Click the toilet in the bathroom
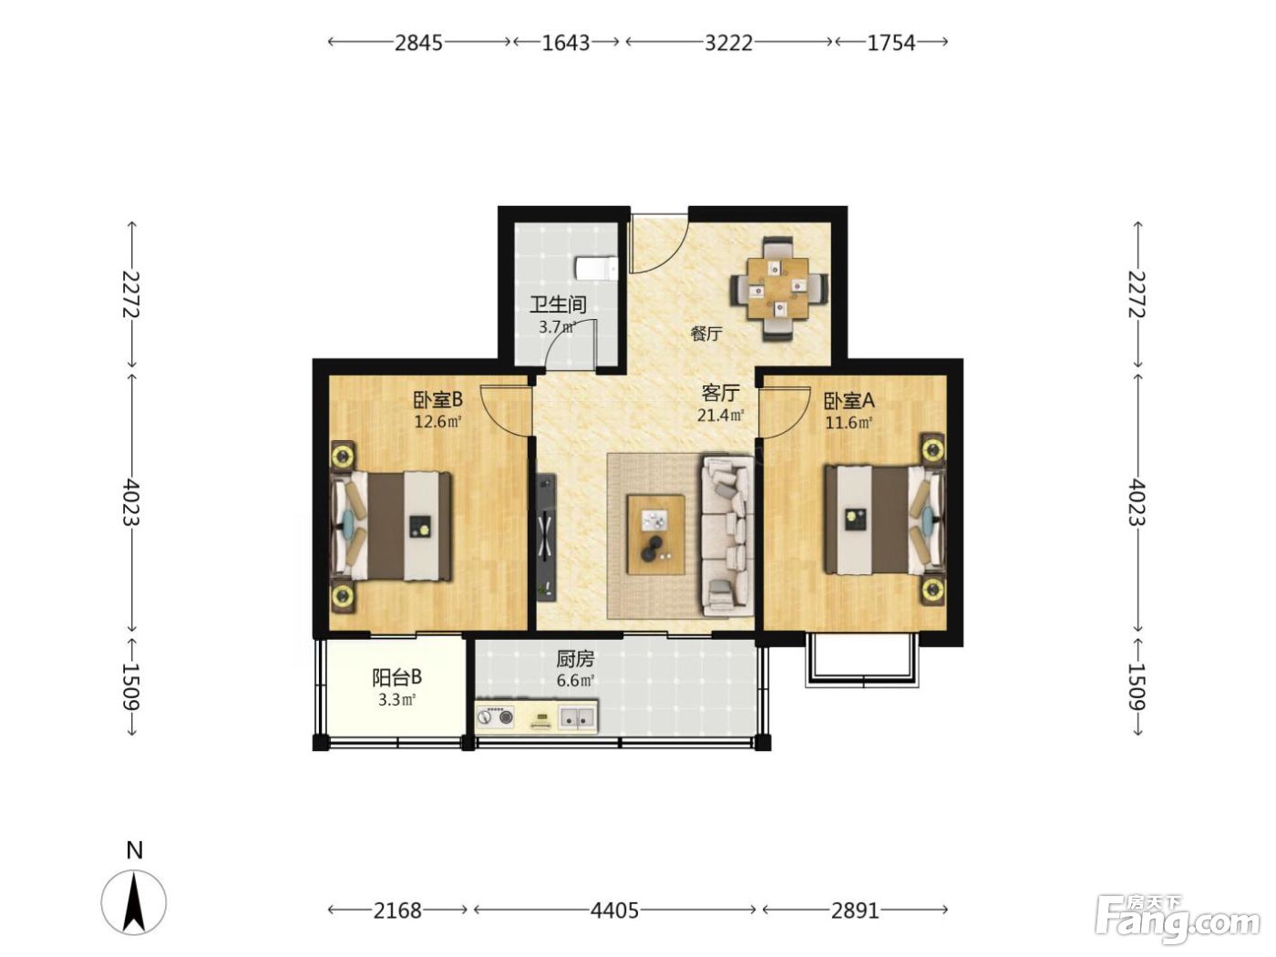pos(596,269)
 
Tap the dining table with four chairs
pos(778,288)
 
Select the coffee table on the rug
pos(655,535)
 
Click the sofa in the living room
pos(728,535)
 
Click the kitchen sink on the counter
pos(577,717)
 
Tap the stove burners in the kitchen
pos(496,717)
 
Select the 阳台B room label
pos(396,677)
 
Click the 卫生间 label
pos(558,304)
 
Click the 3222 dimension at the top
pos(728,43)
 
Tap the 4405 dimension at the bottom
pos(614,910)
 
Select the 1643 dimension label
pos(566,43)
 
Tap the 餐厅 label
pos(706,334)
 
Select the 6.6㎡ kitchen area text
pos(575,681)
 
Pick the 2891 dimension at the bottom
pos(855,910)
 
